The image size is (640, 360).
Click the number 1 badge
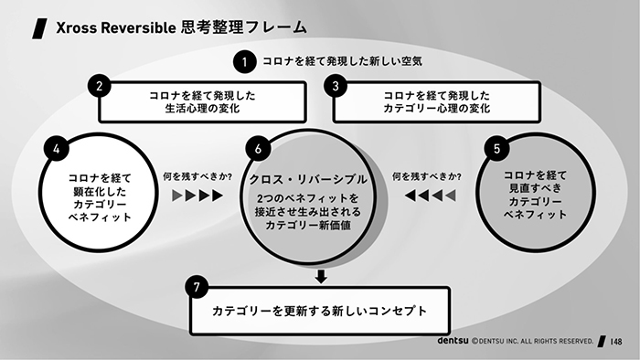pyautogui.click(x=244, y=62)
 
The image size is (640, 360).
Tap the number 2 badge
pyautogui.click(x=101, y=87)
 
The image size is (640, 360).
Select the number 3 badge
pyautogui.click(x=336, y=87)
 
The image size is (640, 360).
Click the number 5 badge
pyautogui.click(x=496, y=146)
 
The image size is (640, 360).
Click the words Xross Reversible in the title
pyautogui.click(x=107, y=27)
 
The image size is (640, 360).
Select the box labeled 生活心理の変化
pyautogui.click(x=200, y=101)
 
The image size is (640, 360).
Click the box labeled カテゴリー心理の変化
pyautogui.click(x=436, y=101)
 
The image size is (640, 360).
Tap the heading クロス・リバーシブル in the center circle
pyautogui.click(x=308, y=179)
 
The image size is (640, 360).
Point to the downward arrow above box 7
pyautogui.click(x=320, y=276)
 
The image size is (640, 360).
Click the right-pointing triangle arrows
pyautogui.click(x=198, y=196)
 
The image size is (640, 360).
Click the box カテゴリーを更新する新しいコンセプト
pyautogui.click(x=319, y=311)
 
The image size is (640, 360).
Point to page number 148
pyautogui.click(x=617, y=342)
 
